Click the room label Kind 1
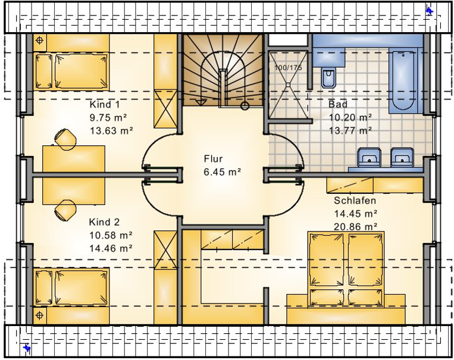point(105,105)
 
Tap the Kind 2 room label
point(104,222)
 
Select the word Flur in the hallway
point(213,159)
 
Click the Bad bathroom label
point(338,104)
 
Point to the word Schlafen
point(355,201)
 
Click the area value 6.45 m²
point(223,172)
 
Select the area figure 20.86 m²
point(356,227)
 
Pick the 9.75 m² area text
point(108,118)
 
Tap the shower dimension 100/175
point(288,68)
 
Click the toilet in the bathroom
point(328,77)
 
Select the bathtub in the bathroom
point(403,81)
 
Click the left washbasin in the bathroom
point(368,156)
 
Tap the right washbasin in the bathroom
point(402,156)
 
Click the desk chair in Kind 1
point(65,139)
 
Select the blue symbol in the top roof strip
point(430,11)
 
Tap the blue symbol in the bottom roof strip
point(27,348)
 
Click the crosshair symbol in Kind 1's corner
point(40,40)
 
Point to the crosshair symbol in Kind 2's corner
point(40,315)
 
